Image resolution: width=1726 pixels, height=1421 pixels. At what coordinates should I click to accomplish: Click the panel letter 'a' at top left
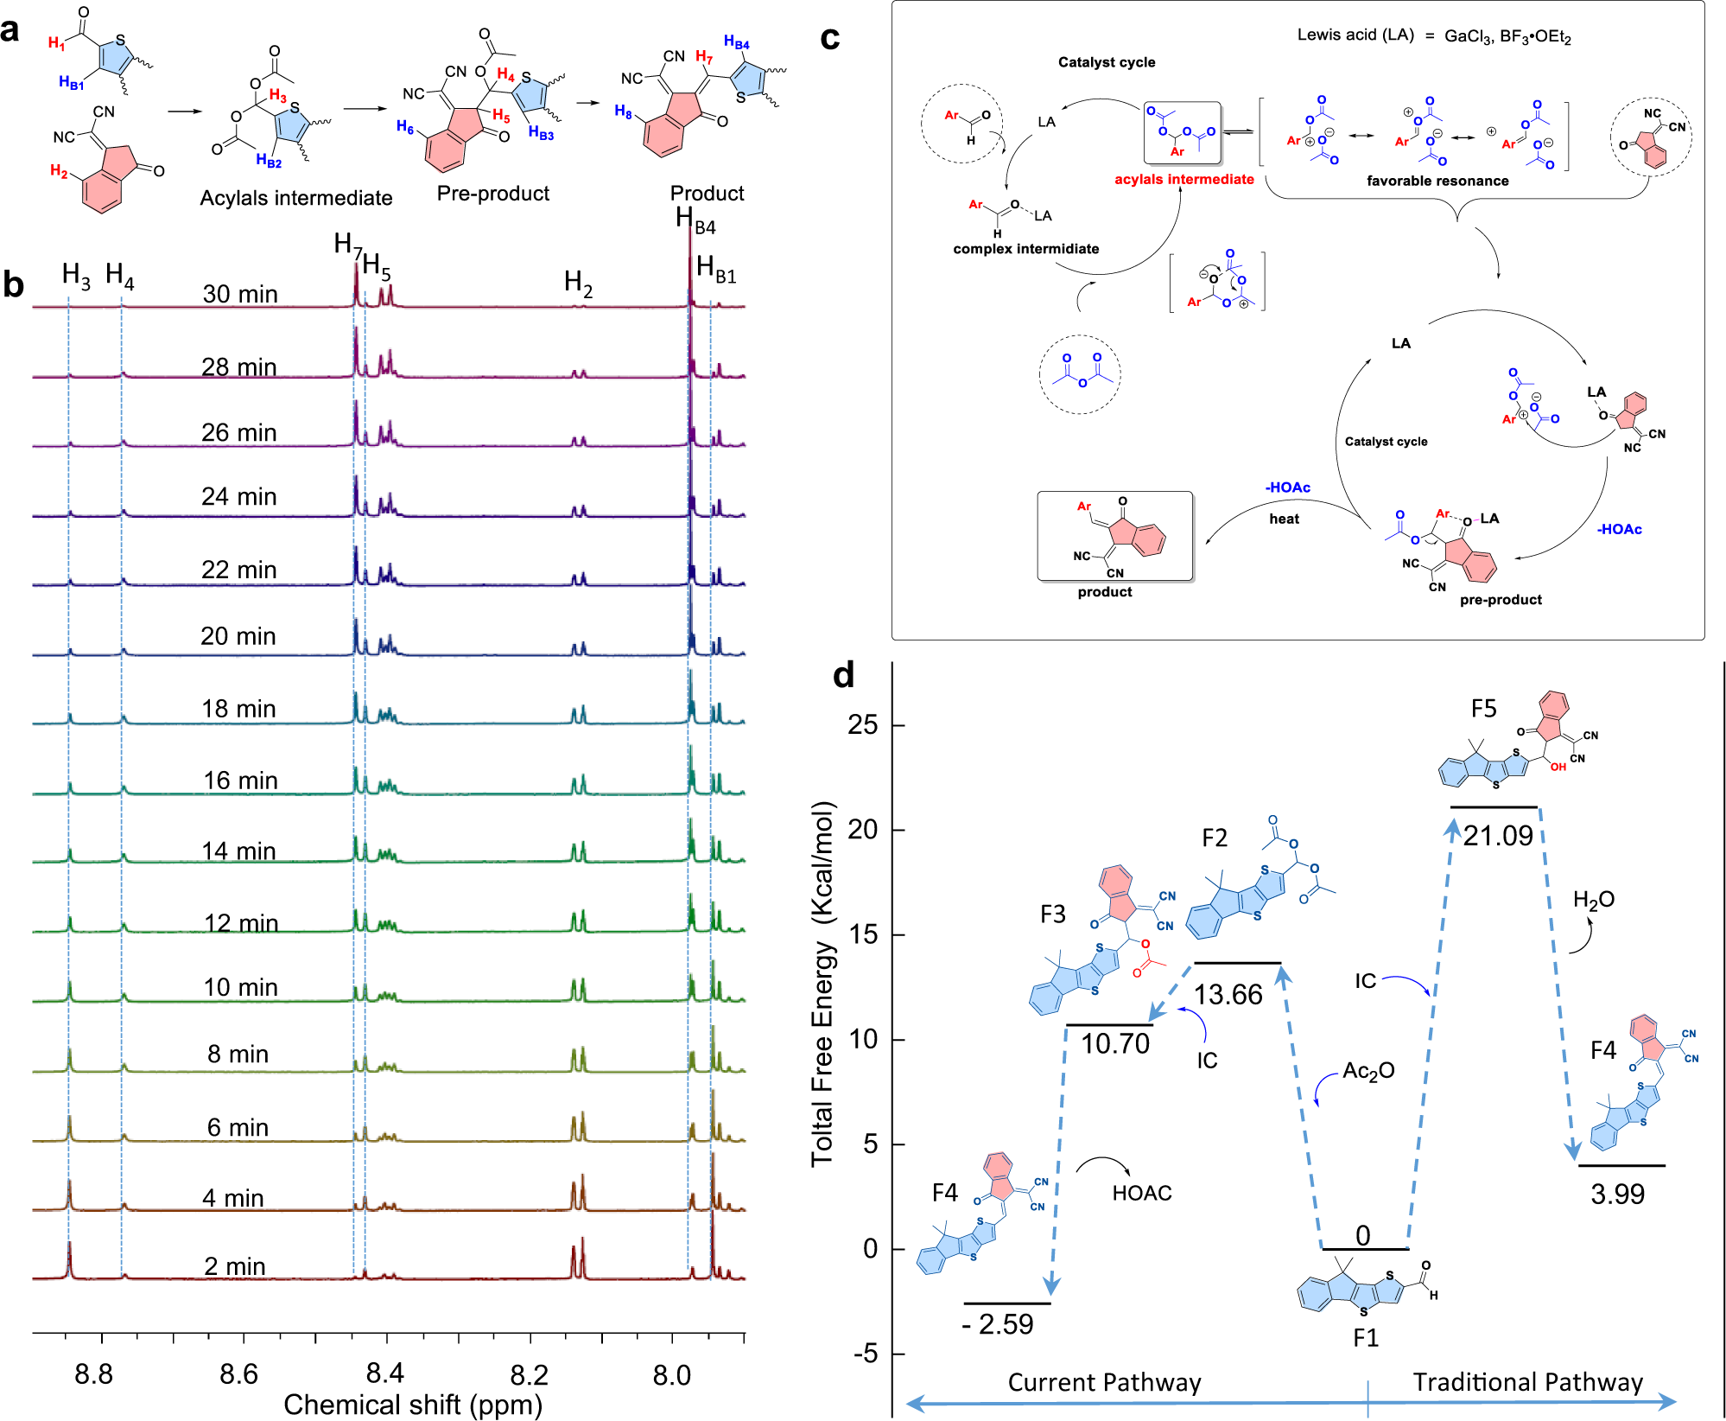[x=10, y=30]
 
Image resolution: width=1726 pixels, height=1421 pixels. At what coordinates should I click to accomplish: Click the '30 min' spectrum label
[x=240, y=294]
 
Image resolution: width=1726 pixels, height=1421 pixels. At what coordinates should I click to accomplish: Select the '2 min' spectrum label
[x=234, y=1266]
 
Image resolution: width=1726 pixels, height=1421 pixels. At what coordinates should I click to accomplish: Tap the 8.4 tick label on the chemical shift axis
[x=384, y=1373]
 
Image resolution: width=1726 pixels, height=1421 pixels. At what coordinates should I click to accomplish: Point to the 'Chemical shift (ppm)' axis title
[x=412, y=1405]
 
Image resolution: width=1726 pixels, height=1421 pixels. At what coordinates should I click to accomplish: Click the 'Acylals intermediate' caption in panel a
[x=295, y=198]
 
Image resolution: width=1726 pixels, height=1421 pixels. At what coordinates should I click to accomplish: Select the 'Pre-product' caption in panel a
[x=492, y=193]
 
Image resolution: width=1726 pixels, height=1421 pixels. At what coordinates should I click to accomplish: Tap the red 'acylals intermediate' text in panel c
[x=1183, y=179]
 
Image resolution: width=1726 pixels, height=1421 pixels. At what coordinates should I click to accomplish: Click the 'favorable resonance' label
[x=1437, y=181]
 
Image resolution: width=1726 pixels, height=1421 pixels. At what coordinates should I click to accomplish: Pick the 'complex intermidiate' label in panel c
[x=1025, y=249]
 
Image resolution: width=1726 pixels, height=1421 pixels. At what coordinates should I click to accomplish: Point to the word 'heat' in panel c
[x=1284, y=519]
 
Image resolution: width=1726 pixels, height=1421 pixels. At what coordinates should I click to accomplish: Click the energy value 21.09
[x=1498, y=835]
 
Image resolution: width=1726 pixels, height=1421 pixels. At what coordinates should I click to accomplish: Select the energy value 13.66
[x=1228, y=994]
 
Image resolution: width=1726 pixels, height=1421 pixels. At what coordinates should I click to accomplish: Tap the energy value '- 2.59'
[x=998, y=1324]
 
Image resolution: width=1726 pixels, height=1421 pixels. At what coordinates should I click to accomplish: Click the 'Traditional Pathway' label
[x=1527, y=1382]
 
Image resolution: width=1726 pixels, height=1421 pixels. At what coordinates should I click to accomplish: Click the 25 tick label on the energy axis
[x=862, y=724]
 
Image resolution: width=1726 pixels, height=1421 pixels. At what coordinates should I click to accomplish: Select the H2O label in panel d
[x=1593, y=900]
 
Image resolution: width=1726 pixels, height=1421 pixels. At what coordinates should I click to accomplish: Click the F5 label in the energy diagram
[x=1483, y=709]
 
